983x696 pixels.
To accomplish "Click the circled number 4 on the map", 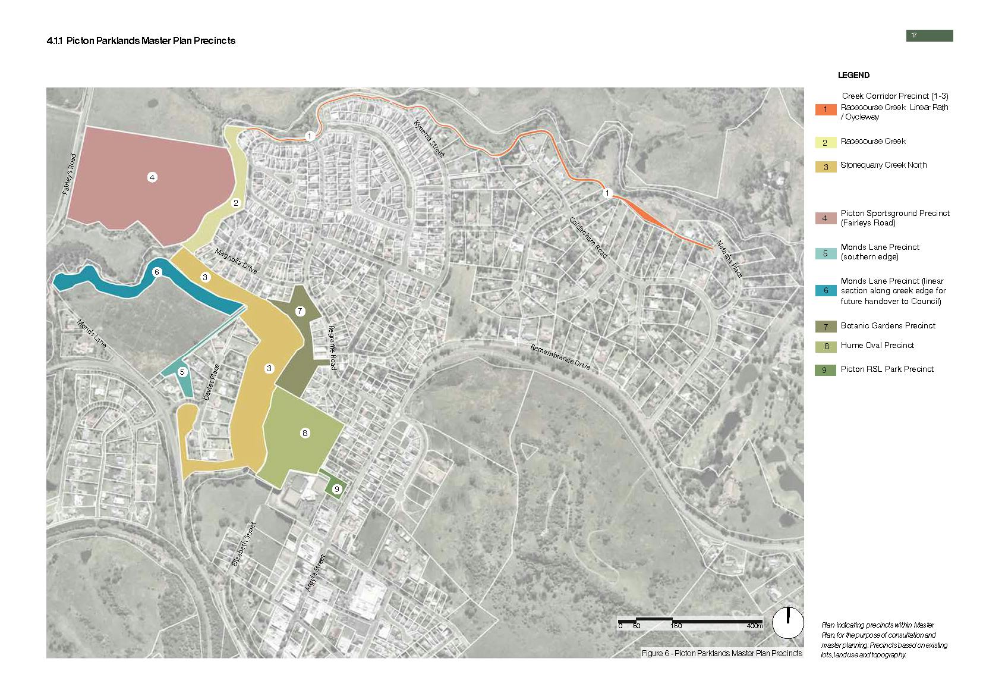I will (153, 177).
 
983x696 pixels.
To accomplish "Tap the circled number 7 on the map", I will (300, 311).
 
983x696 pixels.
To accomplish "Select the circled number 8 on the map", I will (305, 433).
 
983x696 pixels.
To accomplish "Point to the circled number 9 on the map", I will (337, 489).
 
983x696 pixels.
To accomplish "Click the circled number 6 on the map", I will (157, 272).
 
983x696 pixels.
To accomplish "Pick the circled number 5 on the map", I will (182, 372).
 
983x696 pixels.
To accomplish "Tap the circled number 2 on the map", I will (236, 203).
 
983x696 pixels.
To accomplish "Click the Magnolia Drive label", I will (236, 261).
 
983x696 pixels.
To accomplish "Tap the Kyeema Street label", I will (429, 137).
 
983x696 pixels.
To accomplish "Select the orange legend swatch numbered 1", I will (825, 109).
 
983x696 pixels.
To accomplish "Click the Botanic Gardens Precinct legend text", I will (888, 326).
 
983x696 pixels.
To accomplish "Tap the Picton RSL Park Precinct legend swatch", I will (825, 370).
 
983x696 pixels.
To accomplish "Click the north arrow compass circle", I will (787, 623).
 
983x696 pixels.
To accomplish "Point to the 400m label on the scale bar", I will (754, 626).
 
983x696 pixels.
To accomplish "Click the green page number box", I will (929, 36).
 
